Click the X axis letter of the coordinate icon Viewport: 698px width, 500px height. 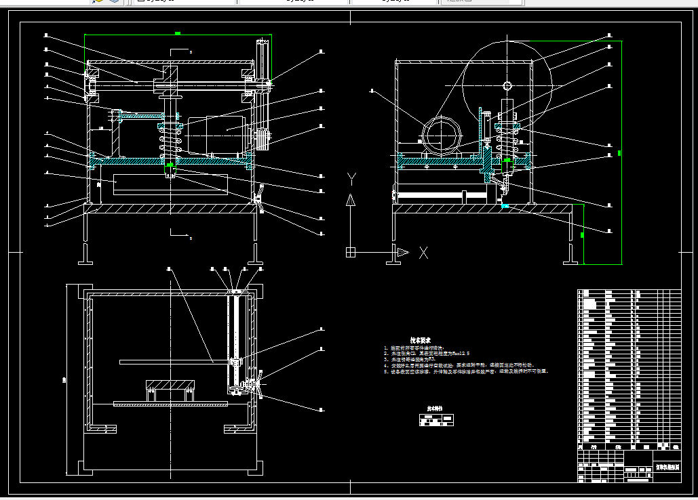click(x=424, y=253)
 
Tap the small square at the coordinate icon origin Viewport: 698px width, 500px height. click(x=350, y=253)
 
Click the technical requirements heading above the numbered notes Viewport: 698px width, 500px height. click(x=420, y=340)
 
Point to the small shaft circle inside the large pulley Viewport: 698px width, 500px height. click(x=507, y=85)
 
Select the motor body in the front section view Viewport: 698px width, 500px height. click(x=217, y=136)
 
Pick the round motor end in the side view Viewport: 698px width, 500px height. click(x=442, y=136)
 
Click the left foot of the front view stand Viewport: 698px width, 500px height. click(x=86, y=255)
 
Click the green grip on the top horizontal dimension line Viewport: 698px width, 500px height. click(x=177, y=33)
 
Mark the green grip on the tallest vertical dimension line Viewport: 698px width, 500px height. click(x=620, y=152)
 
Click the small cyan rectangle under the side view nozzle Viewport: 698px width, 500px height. click(x=505, y=205)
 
